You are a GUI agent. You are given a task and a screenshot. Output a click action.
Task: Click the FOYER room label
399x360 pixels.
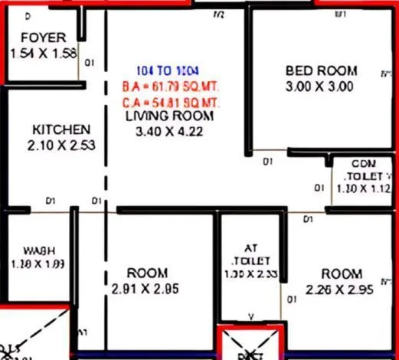(x=43, y=38)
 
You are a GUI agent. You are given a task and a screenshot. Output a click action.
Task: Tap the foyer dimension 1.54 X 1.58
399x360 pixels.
(x=44, y=53)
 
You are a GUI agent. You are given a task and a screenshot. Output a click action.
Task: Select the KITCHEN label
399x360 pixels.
(x=61, y=129)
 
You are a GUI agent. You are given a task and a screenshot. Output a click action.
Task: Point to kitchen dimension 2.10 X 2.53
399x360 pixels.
(x=63, y=145)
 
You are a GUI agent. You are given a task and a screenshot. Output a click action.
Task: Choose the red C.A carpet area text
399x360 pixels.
(x=171, y=101)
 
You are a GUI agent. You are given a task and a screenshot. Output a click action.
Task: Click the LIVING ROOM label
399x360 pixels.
(x=170, y=116)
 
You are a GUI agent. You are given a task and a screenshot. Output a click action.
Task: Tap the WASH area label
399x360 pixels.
(x=38, y=250)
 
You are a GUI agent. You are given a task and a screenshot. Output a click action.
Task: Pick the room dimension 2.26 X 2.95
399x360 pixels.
(x=339, y=290)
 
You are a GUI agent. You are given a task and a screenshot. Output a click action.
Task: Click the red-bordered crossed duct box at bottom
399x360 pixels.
(x=250, y=344)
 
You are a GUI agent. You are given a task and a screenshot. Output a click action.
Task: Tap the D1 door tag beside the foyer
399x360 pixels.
(x=90, y=63)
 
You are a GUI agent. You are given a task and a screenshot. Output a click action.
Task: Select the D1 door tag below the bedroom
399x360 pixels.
(x=268, y=162)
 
